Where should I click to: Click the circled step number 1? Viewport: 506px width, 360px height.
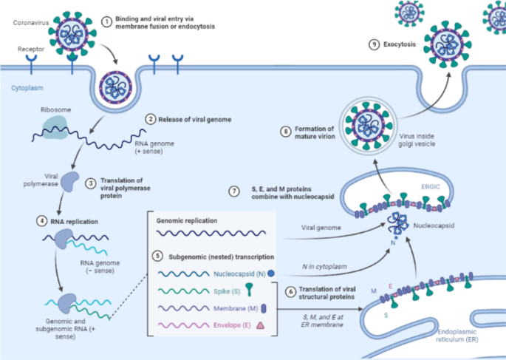coord(106,21)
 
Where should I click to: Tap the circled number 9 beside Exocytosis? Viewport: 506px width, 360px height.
coord(375,44)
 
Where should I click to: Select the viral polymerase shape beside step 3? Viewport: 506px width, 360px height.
coord(71,181)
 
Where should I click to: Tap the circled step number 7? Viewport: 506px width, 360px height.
coord(234,191)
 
